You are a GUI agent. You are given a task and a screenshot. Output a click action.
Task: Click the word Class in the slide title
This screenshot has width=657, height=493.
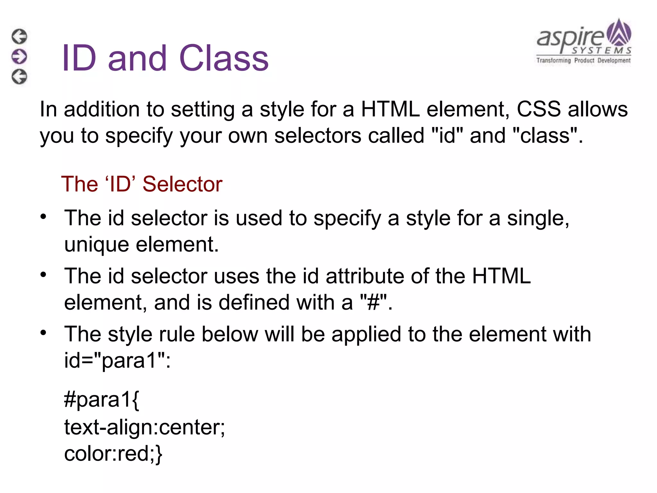click(224, 58)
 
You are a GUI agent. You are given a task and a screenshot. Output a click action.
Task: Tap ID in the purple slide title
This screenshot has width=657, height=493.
click(79, 58)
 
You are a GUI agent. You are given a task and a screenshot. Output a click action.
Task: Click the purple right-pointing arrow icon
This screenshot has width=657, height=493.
click(19, 56)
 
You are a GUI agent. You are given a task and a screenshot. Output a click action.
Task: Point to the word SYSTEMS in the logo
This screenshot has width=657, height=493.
click(602, 51)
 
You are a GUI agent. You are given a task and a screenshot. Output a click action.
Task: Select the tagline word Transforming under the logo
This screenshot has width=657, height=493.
click(554, 60)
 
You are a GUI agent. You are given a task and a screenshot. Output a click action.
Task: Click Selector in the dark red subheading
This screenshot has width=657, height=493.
click(182, 184)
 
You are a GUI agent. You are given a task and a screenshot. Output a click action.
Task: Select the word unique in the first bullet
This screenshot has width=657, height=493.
click(97, 245)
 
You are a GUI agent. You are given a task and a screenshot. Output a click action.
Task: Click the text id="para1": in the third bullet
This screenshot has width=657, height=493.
click(117, 361)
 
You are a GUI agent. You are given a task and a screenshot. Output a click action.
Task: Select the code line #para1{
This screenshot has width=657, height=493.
click(102, 400)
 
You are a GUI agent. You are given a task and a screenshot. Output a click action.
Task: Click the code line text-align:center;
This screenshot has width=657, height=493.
click(145, 428)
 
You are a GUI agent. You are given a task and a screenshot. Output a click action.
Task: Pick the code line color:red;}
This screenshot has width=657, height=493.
click(113, 454)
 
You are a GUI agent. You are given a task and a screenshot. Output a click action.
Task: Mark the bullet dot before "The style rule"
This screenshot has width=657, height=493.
click(43, 333)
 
